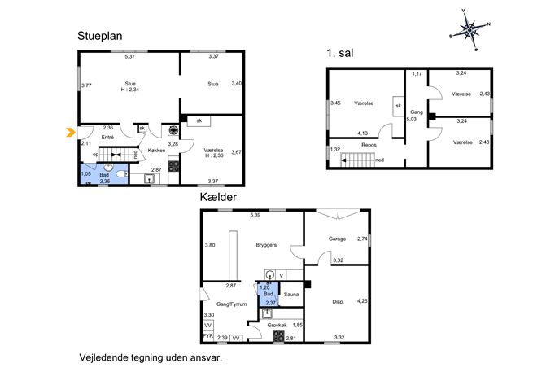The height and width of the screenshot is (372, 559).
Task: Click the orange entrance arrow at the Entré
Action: click(x=71, y=133)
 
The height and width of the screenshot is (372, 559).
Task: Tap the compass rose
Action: click(x=470, y=30)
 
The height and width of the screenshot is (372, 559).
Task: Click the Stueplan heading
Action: click(x=100, y=36)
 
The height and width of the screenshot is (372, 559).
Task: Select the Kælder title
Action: click(x=218, y=197)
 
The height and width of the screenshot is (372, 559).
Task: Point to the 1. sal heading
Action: click(x=340, y=53)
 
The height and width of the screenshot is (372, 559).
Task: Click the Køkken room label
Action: click(x=156, y=151)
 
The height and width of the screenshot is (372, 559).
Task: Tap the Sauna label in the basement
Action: click(x=291, y=294)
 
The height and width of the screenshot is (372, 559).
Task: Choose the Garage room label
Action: click(x=337, y=239)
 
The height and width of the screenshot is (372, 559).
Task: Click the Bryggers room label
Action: click(x=266, y=245)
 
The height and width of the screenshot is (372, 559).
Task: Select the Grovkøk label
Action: click(x=277, y=326)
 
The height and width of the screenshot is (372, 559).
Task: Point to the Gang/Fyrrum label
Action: click(x=232, y=304)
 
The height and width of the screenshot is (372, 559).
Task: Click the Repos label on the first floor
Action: click(x=369, y=145)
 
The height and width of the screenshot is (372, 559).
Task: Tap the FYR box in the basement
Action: click(x=207, y=336)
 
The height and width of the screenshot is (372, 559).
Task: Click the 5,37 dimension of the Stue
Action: click(x=129, y=56)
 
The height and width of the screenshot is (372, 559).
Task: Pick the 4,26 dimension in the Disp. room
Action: click(x=362, y=301)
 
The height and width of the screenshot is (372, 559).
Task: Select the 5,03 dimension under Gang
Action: click(x=412, y=120)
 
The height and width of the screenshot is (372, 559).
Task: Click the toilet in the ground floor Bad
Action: click(x=121, y=174)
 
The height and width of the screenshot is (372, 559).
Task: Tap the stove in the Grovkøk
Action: click(x=279, y=336)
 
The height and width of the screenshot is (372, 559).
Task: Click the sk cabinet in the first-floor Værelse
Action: click(x=398, y=106)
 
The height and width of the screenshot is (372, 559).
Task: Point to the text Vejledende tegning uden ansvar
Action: click(x=151, y=357)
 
